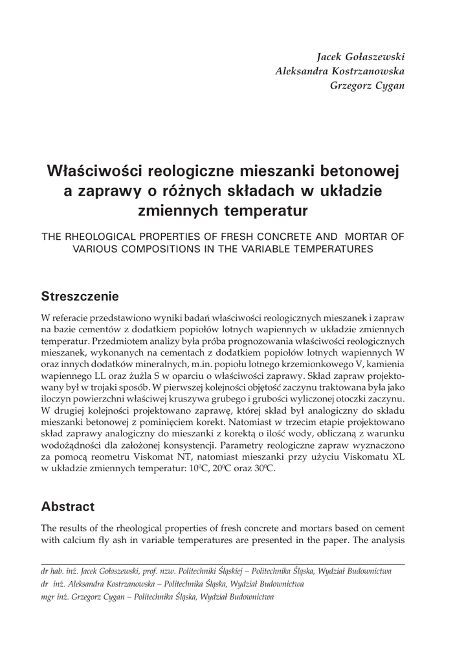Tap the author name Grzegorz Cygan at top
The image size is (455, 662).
coord(367,85)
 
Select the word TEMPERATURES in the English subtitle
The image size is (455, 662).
coord(328,250)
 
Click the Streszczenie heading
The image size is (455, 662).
coord(80,297)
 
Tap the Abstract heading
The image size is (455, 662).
coord(68,506)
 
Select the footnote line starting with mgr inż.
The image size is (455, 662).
coord(157,597)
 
